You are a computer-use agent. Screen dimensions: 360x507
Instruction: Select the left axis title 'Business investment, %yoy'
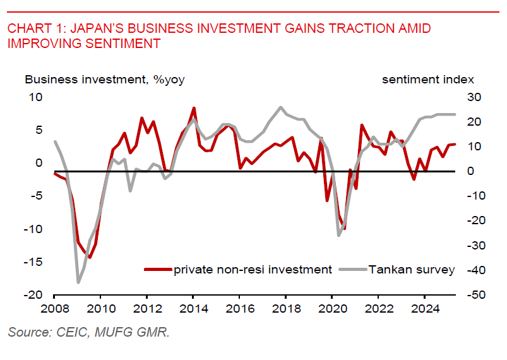pyautogui.click(x=104, y=80)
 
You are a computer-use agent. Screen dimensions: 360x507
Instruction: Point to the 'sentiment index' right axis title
pyautogui.click(x=427, y=80)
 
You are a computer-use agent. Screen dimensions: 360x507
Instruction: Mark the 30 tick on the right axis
pyautogui.click(x=474, y=97)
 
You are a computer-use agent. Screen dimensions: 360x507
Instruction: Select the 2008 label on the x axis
pyautogui.click(x=54, y=310)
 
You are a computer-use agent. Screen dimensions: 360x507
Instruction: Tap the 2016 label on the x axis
pyautogui.click(x=239, y=310)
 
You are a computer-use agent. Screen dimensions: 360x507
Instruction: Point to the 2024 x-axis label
pyautogui.click(x=425, y=310)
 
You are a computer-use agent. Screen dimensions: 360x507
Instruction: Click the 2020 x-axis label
pyautogui.click(x=332, y=310)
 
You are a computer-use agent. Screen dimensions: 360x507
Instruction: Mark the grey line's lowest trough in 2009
pyautogui.click(x=79, y=282)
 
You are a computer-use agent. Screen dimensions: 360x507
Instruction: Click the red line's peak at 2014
pyautogui.click(x=193, y=108)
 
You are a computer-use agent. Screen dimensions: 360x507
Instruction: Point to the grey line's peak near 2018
pyautogui.click(x=280, y=107)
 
